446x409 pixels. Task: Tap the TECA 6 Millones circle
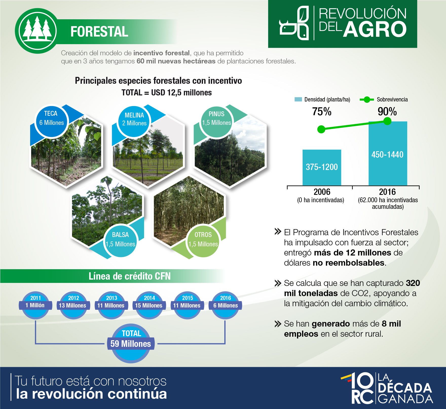51,122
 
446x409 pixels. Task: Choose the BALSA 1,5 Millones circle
121,241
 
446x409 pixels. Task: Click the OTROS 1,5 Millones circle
203,241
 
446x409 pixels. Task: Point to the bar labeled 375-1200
322,167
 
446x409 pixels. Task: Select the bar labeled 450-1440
388,154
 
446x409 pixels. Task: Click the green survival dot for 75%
321,129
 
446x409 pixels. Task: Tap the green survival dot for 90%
387,121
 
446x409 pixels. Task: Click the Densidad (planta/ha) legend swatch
298,99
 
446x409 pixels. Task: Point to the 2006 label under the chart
322,192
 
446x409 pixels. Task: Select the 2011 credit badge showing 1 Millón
35,305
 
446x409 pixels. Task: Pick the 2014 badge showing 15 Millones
149,305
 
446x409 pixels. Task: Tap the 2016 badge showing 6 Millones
225,305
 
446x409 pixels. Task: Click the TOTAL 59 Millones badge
131,343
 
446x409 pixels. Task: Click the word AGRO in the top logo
375,29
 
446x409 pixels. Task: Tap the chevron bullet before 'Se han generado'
278,324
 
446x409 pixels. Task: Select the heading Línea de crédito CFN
129,276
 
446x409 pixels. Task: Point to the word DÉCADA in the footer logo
405,388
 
